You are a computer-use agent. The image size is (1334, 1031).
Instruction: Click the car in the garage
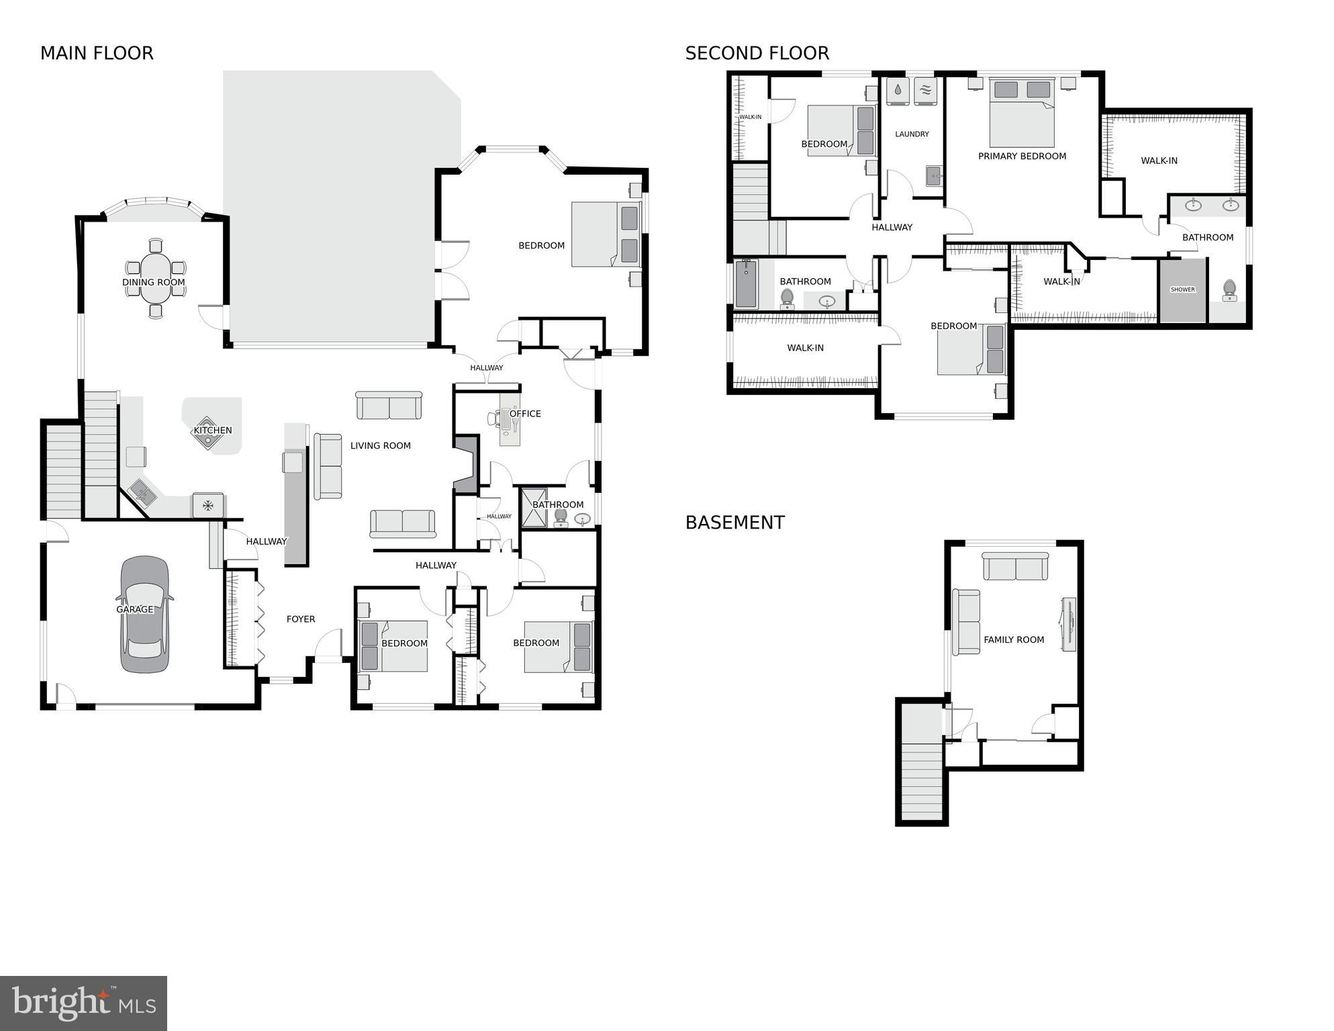144,614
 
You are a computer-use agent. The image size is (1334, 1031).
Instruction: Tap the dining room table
156,279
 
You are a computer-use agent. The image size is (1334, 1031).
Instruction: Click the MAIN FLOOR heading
97,53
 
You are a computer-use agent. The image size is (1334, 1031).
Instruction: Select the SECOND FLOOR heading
757,53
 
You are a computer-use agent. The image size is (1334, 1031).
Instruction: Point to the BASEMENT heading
734,523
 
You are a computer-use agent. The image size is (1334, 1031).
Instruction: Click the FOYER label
301,619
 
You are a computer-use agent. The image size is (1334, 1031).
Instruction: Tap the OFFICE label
525,414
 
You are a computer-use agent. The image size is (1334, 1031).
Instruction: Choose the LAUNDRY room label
912,134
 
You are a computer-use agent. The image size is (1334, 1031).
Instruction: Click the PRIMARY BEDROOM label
1022,156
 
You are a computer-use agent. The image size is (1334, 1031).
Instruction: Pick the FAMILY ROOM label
1014,640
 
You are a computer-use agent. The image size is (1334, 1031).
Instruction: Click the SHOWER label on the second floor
1182,290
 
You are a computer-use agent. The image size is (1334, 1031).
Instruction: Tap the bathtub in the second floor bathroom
746,284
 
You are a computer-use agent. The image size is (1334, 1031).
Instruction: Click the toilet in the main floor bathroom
561,517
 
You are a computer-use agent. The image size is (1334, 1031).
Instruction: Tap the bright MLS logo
83,1003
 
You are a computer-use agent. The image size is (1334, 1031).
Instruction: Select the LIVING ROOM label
380,445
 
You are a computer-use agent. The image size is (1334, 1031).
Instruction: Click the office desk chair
494,418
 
